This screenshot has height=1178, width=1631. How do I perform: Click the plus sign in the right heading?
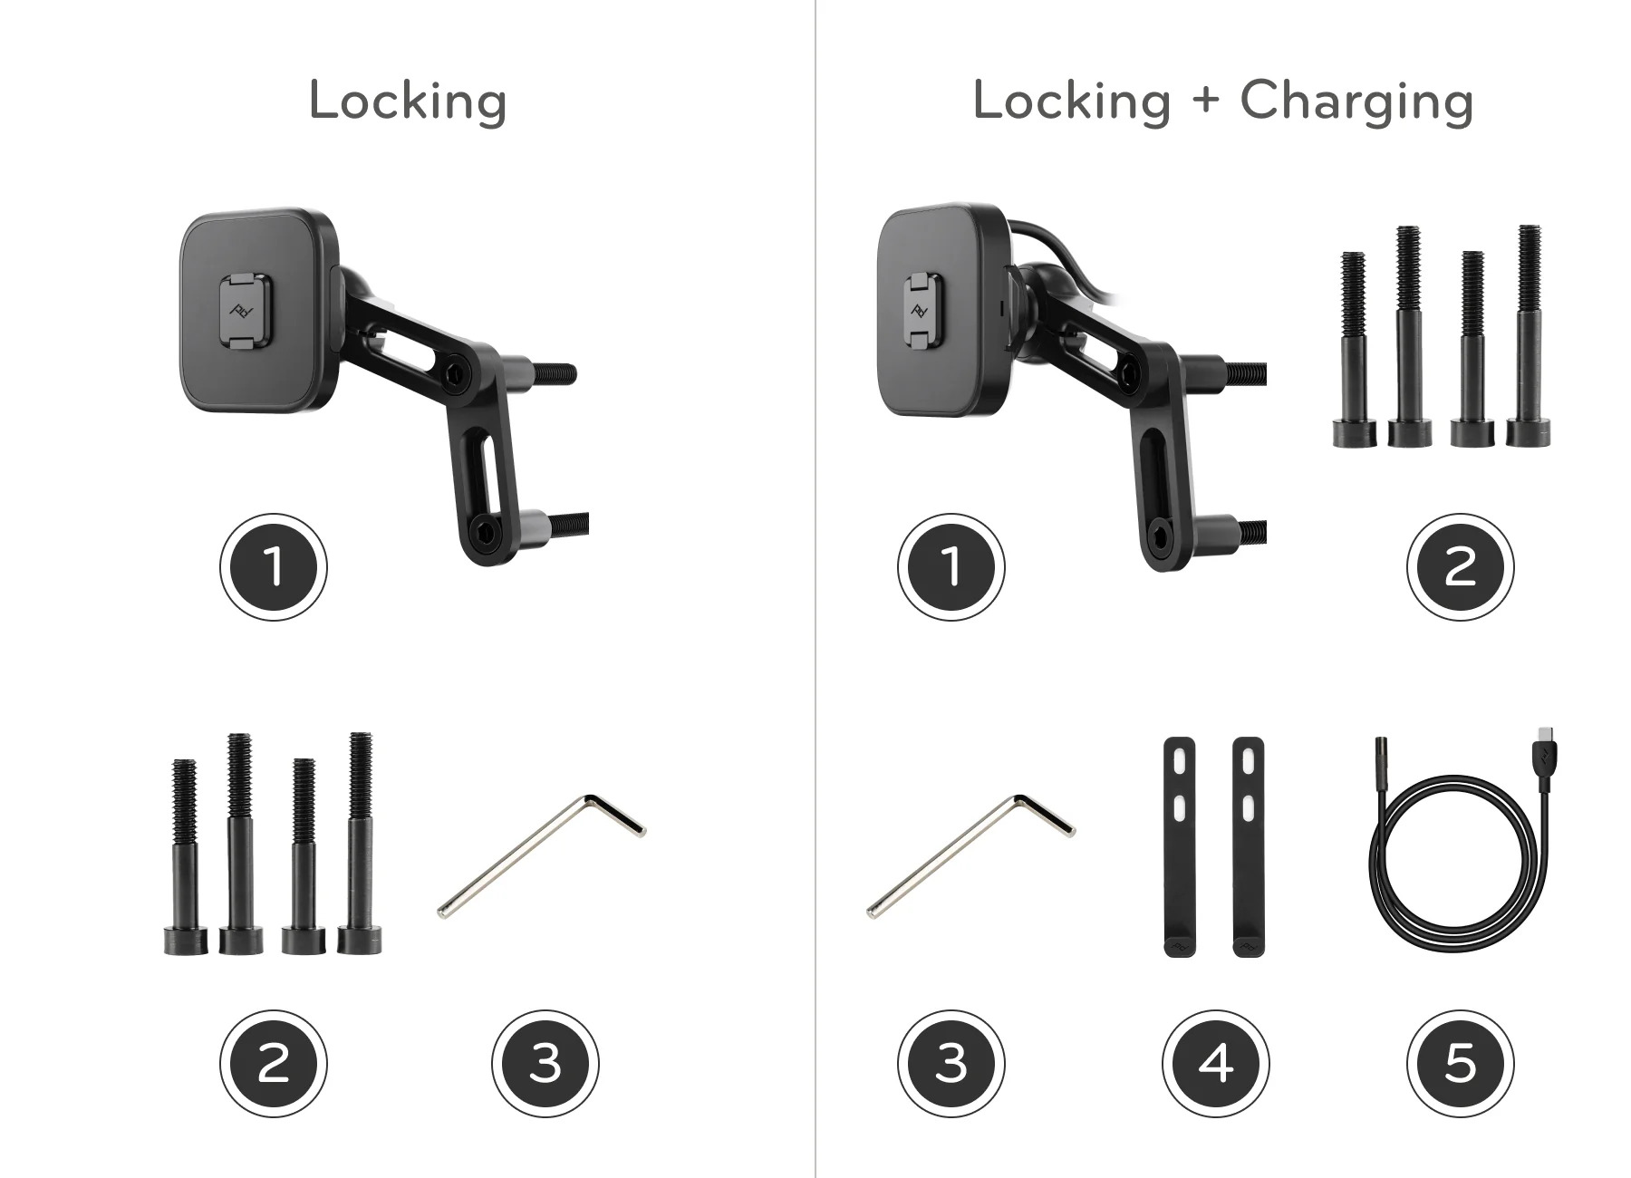1205,100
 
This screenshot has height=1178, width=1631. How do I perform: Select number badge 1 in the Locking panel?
273,567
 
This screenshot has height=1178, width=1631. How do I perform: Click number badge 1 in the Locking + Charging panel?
951,567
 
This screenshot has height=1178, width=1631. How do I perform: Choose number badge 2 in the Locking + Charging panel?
1460,567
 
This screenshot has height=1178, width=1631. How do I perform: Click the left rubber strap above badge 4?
1178,847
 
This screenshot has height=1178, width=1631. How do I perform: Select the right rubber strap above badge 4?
1248,847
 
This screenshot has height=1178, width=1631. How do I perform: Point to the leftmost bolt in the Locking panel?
185,856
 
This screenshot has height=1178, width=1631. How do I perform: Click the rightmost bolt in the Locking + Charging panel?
1529,335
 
